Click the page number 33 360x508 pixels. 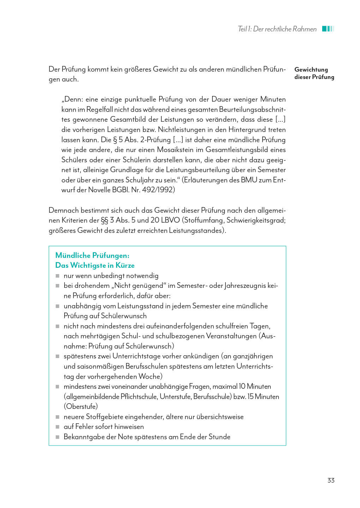pyautogui.click(x=331, y=480)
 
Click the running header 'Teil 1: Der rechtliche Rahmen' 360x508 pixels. pyautogui.click(x=277, y=29)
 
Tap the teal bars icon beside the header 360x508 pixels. pyautogui.click(x=328, y=29)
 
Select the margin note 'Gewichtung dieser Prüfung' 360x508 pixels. pyautogui.click(x=314, y=73)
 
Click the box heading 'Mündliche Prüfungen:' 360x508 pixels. pyautogui.click(x=92, y=255)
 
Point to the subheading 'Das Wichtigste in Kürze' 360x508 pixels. pyautogui.click(x=95, y=265)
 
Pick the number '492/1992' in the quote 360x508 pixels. pyautogui.click(x=158, y=190)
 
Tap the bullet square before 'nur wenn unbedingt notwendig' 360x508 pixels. pyautogui.click(x=58, y=276)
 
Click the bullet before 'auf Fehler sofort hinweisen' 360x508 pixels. pyautogui.click(x=58, y=427)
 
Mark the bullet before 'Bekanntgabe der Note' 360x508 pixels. pyautogui.click(x=58, y=437)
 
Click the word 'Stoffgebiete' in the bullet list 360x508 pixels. pyautogui.click(x=105, y=417)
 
